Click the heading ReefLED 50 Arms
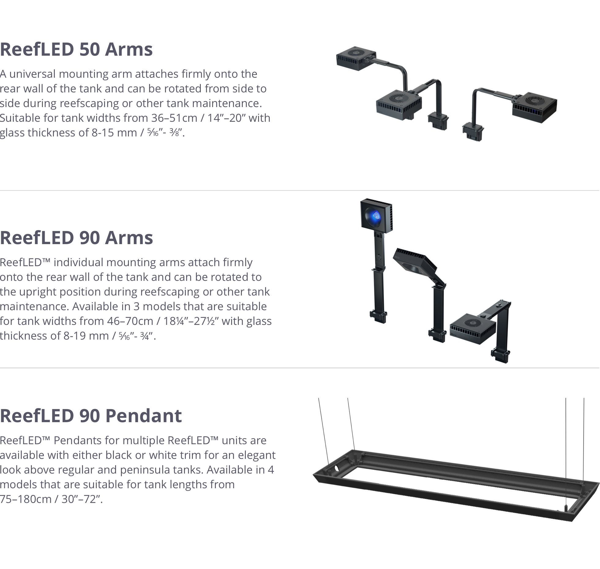click(x=76, y=50)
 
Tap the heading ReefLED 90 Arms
click(x=76, y=238)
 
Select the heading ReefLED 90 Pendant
click(x=91, y=416)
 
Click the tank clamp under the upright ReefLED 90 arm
click(x=379, y=316)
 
